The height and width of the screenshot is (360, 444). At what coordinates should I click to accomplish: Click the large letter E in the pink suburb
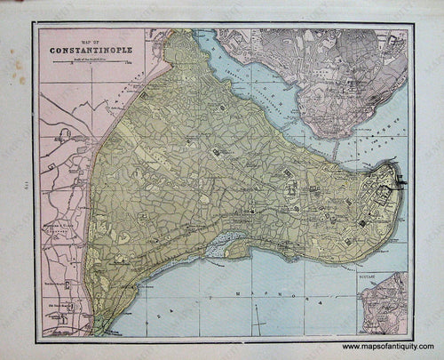click(63, 134)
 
